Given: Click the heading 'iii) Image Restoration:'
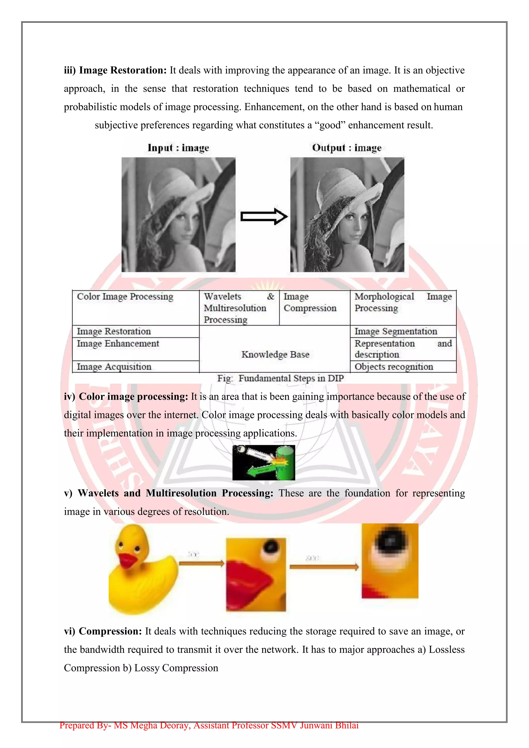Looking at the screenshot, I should pyautogui.click(x=115, y=70).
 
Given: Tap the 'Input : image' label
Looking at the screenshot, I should pyautogui.click(x=178, y=148).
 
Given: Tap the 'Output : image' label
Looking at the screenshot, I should pyautogui.click(x=347, y=148).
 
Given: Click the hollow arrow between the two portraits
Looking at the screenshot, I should pyautogui.click(x=263, y=216).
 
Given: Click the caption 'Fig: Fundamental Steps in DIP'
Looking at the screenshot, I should pyautogui.click(x=281, y=378).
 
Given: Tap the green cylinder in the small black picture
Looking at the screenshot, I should pyautogui.click(x=286, y=462).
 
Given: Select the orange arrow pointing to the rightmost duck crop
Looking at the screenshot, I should pyautogui.click(x=324, y=567).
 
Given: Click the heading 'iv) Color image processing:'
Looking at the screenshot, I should pyautogui.click(x=126, y=397).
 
